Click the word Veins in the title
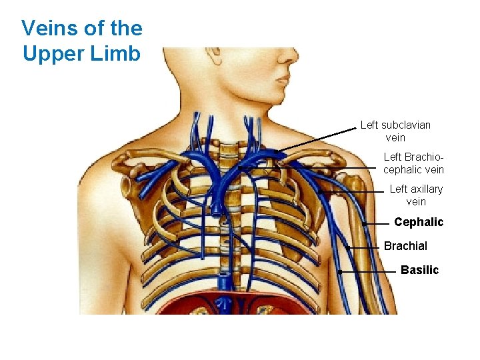point(46,28)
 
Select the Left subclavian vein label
point(395,131)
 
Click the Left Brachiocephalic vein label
point(413,163)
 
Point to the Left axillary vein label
point(416,195)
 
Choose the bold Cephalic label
point(418,222)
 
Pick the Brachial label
point(405,246)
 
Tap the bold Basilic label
point(419,270)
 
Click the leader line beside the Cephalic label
point(377,223)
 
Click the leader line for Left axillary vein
point(353,192)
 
